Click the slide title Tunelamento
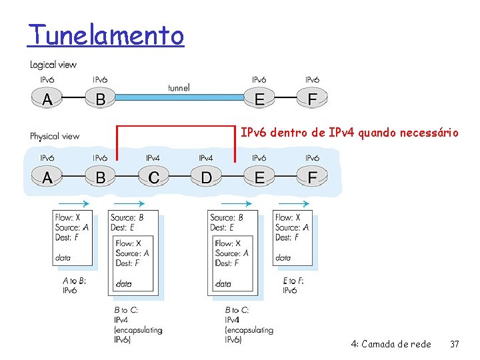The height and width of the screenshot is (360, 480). [x=105, y=35]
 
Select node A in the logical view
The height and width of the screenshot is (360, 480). [x=47, y=99]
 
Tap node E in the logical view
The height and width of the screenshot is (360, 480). [x=259, y=99]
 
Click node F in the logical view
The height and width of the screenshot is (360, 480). [x=312, y=99]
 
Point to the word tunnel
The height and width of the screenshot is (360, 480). [x=179, y=87]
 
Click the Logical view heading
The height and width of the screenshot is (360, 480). [x=53, y=65]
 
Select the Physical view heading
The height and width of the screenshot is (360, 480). [x=55, y=136]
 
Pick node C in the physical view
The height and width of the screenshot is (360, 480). [x=154, y=178]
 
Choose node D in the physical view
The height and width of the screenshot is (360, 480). [x=207, y=178]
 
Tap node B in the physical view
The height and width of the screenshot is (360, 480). [x=101, y=178]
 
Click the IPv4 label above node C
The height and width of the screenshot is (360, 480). [x=153, y=158]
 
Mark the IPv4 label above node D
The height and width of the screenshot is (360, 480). [x=206, y=158]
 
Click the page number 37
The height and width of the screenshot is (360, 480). [x=455, y=344]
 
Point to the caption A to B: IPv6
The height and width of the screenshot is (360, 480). [x=74, y=285]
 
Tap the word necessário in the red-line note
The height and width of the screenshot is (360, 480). [x=428, y=133]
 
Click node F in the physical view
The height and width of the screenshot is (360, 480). [x=312, y=178]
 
